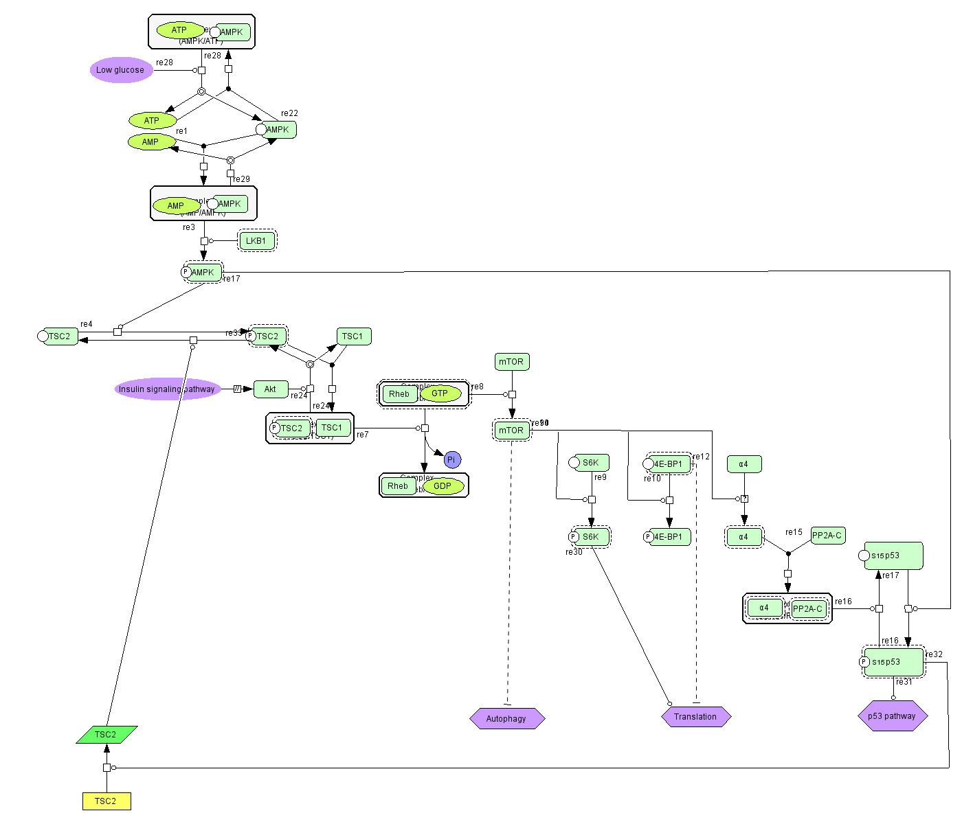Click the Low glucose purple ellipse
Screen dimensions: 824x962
tap(121, 70)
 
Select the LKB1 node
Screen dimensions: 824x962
tap(256, 241)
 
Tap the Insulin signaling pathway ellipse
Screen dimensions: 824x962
tap(167, 389)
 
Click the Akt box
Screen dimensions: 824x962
tap(271, 389)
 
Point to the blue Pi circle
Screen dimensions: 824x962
tap(451, 460)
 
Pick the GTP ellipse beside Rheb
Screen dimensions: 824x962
tap(440, 393)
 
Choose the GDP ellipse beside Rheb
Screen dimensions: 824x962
tap(443, 486)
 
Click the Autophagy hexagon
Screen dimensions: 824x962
tap(506, 719)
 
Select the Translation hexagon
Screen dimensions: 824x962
tap(695, 717)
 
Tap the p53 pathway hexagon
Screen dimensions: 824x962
tap(892, 716)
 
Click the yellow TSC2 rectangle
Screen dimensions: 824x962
tap(106, 801)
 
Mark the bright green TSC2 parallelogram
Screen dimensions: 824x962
tap(106, 735)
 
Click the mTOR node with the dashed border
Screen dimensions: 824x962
tap(511, 431)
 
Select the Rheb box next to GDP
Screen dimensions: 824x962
tap(398, 486)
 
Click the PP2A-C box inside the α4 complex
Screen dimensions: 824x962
tap(807, 609)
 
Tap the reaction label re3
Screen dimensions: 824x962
tap(189, 227)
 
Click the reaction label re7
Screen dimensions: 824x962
tap(363, 435)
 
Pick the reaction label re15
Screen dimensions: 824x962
tap(794, 532)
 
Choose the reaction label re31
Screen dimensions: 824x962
tap(904, 682)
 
